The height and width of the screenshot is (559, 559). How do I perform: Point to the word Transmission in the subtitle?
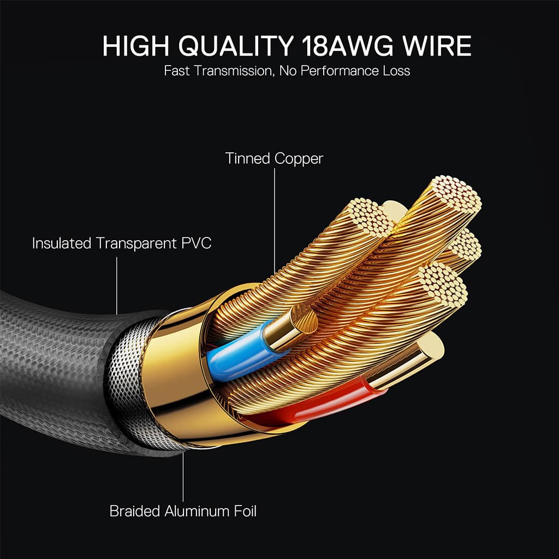pos(227,71)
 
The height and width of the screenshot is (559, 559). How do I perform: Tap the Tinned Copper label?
pos(274,159)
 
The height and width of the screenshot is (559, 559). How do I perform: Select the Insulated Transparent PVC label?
pos(122,243)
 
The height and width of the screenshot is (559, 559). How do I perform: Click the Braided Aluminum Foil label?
pos(183,511)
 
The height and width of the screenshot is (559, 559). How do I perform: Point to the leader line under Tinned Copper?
pos(274,218)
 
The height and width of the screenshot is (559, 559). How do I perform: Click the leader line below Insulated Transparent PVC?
pos(117,284)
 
